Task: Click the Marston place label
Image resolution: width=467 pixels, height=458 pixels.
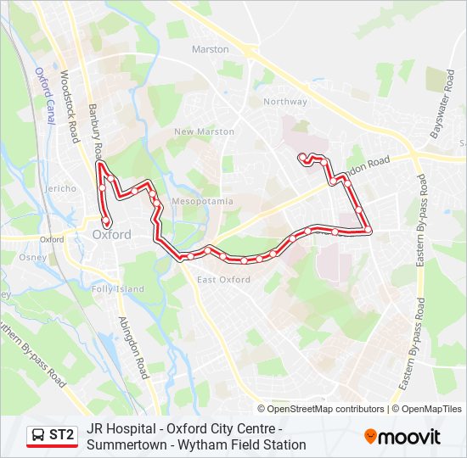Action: point(211,49)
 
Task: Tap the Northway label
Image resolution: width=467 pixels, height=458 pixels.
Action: point(284,102)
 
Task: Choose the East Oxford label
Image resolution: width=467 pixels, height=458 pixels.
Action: point(223,280)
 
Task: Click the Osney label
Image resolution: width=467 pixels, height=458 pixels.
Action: point(33,258)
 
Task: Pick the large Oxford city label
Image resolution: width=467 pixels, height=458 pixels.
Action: point(111,235)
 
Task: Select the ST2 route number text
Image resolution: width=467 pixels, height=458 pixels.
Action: point(61,436)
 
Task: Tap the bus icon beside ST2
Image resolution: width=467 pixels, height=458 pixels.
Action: point(37,436)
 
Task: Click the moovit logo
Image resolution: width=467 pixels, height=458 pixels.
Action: point(402,437)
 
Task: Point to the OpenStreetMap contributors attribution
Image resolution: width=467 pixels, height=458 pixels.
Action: point(326,409)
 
